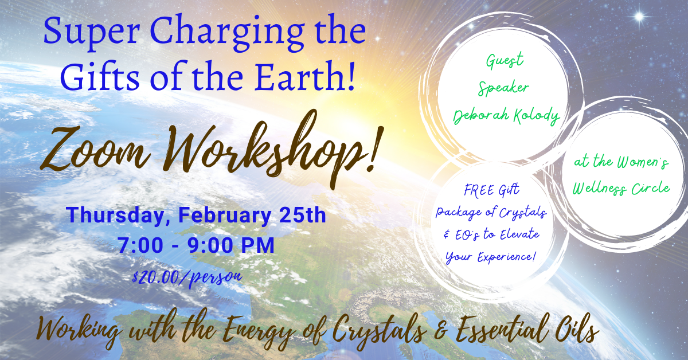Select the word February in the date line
point(225,216)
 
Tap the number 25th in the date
point(302,215)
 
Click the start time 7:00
point(140,245)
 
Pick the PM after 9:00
point(257,245)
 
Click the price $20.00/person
point(187,278)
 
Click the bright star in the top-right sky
point(639,17)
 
